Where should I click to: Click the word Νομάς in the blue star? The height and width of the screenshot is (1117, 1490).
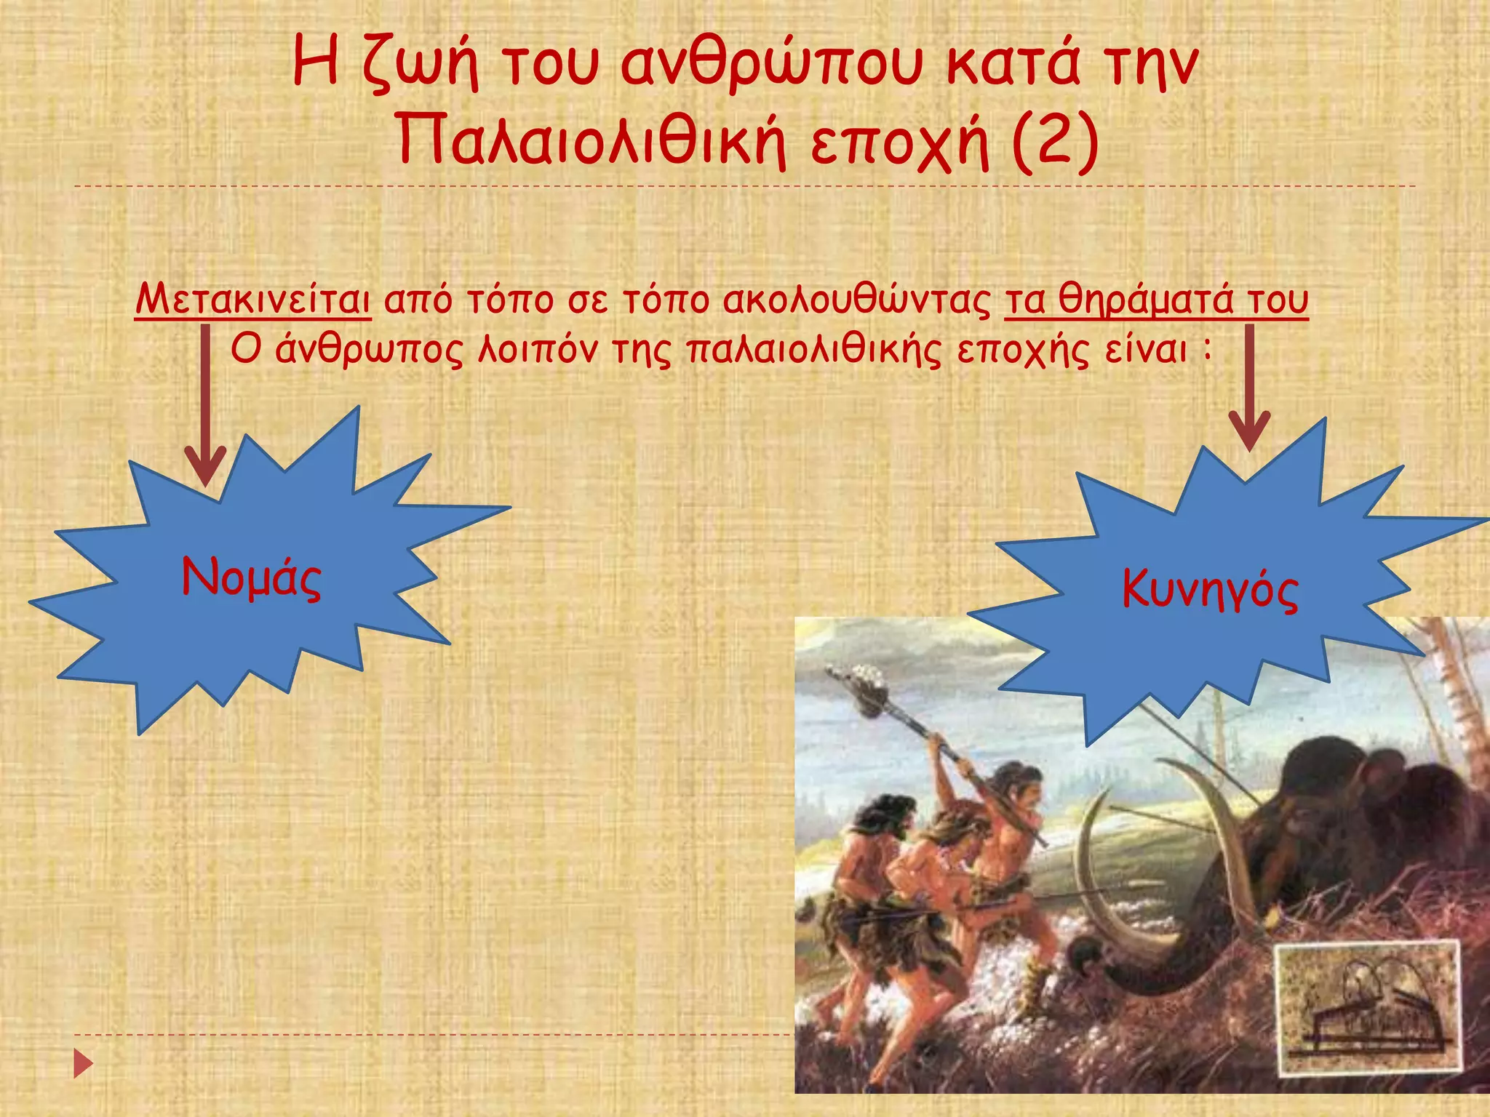tap(251, 578)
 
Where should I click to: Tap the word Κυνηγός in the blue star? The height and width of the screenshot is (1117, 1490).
tap(1209, 589)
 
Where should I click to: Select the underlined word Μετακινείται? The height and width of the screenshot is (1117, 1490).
tap(253, 300)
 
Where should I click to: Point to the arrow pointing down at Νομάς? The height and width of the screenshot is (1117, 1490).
tap(205, 407)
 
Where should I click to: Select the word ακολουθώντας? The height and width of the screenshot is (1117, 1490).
tap(856, 300)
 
